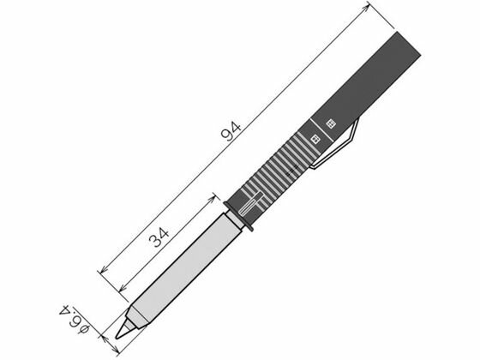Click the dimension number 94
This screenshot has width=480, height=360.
tap(231, 131)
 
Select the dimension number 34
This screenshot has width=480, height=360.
tap(159, 237)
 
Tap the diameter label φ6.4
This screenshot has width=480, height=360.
tap(75, 319)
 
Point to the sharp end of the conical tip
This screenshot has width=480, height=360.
tap(117, 338)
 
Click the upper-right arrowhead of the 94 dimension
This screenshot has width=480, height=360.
tap(365, 9)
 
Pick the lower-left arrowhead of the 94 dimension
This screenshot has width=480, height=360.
tap(104, 269)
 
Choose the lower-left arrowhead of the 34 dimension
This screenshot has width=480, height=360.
tap(122, 288)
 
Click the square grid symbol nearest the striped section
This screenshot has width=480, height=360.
tap(315, 139)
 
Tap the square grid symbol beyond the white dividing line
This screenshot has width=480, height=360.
tap(331, 123)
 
